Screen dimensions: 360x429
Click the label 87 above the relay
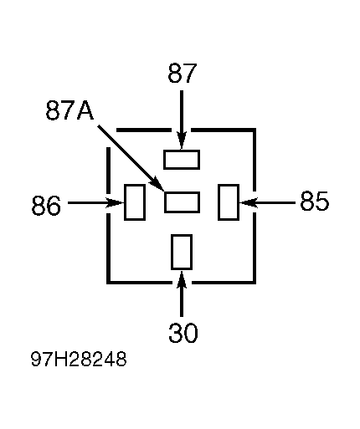click(183, 73)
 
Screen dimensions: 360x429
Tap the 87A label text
click(69, 110)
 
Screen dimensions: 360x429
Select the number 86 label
click(46, 205)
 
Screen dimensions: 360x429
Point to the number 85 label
click(315, 201)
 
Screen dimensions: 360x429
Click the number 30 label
click(183, 333)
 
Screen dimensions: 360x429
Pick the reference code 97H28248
click(79, 359)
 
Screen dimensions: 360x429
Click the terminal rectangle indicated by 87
click(182, 160)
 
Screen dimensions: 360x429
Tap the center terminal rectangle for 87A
click(182, 202)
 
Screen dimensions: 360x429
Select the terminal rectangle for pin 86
click(135, 202)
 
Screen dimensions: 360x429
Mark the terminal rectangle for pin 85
click(229, 202)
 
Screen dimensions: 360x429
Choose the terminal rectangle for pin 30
click(182, 253)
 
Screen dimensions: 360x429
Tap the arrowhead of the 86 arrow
click(115, 202)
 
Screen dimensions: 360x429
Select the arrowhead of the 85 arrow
click(249, 202)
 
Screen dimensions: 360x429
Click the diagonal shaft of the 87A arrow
click(126, 153)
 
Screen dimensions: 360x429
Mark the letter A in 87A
click(85, 110)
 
